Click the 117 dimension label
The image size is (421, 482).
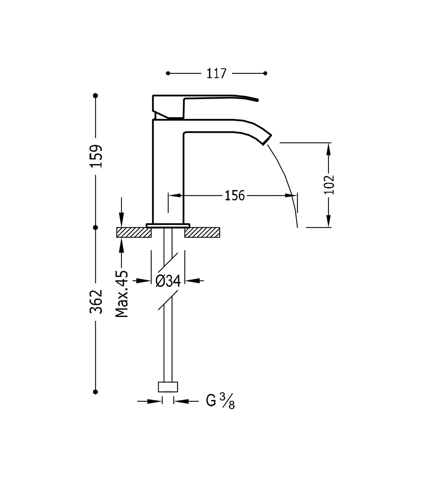216,73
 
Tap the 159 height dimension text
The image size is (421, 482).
96,156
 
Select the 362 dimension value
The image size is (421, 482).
96,301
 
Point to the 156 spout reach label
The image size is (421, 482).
235,196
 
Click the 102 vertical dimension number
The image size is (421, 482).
329,185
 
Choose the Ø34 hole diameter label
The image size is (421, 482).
168,281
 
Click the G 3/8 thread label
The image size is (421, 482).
220,401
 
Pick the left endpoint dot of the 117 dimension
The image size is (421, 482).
168,73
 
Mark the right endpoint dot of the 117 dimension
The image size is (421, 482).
265,73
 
